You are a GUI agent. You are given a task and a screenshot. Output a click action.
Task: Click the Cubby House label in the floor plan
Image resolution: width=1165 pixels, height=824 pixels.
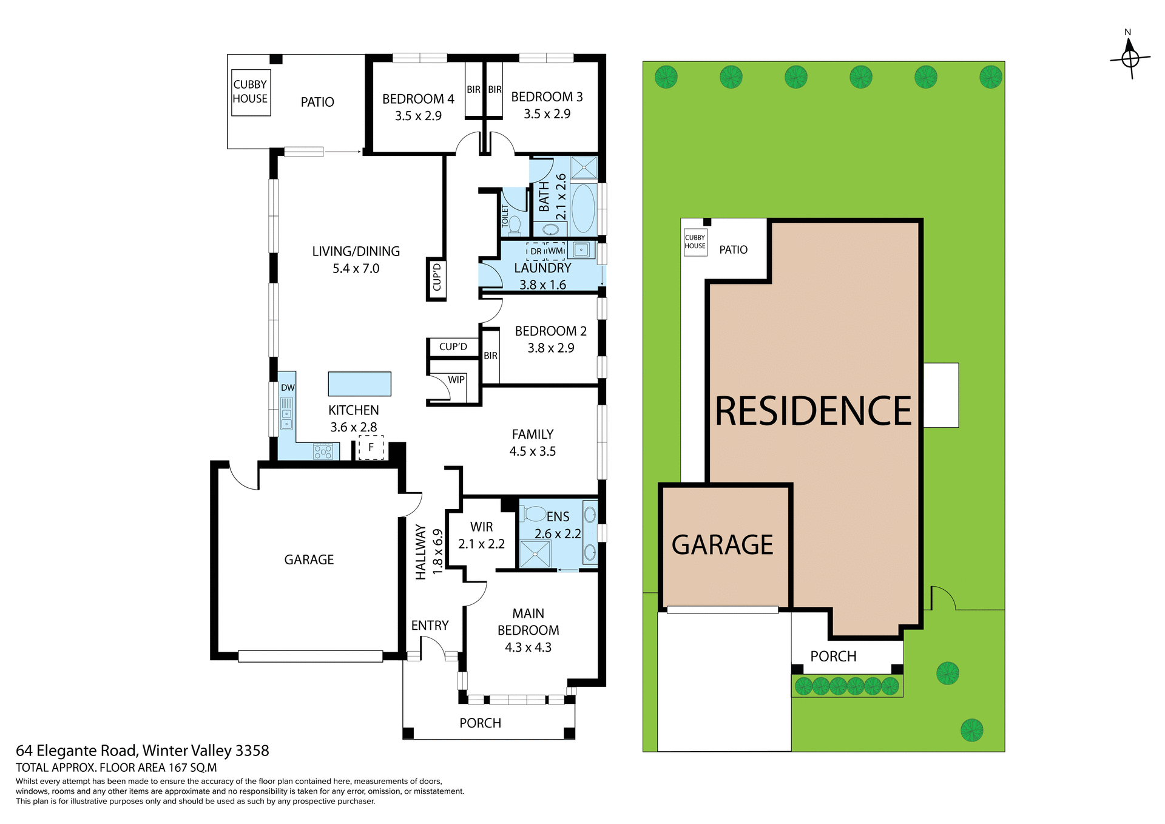[x=250, y=92]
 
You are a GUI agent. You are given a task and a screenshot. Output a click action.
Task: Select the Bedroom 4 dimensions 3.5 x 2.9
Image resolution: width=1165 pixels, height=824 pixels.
[x=418, y=116]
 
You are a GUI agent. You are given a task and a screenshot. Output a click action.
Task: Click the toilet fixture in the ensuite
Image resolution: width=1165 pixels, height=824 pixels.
[x=535, y=515]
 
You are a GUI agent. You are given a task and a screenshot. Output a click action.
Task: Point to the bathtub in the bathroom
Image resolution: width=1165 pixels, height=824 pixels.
[x=583, y=208]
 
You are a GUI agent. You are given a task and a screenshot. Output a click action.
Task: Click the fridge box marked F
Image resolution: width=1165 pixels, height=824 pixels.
[x=371, y=447]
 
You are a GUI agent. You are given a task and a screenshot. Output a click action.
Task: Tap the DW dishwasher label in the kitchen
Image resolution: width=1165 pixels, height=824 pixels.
[x=288, y=388]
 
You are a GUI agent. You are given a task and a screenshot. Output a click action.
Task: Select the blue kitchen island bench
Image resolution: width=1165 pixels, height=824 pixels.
[x=359, y=383]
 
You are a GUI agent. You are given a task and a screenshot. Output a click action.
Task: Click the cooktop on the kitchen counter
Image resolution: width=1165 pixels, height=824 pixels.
[x=323, y=451]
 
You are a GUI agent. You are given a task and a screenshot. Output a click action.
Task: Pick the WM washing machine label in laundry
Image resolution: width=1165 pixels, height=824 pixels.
[x=556, y=251]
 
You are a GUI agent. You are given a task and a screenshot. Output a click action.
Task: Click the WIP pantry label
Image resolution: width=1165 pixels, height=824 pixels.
[x=456, y=380]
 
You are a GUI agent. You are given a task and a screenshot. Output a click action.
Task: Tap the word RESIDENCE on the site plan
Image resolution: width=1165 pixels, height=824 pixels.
[x=813, y=411]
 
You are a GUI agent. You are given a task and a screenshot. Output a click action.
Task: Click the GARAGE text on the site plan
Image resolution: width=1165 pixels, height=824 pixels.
[x=722, y=545]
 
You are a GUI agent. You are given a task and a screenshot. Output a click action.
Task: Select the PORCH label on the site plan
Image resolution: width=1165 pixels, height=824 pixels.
[x=833, y=657]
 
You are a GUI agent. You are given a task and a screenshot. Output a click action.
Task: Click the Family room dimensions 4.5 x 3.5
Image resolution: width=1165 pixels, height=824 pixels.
[x=532, y=451]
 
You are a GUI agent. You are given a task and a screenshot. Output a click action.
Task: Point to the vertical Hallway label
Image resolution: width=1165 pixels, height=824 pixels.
[x=420, y=552]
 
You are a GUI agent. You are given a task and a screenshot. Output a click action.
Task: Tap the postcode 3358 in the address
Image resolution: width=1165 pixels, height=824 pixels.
[x=252, y=751]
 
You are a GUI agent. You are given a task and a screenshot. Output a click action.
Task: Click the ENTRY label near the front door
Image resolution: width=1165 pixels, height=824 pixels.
[x=430, y=626]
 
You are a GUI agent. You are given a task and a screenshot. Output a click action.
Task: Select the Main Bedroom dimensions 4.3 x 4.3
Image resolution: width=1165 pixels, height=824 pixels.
[x=528, y=647]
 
